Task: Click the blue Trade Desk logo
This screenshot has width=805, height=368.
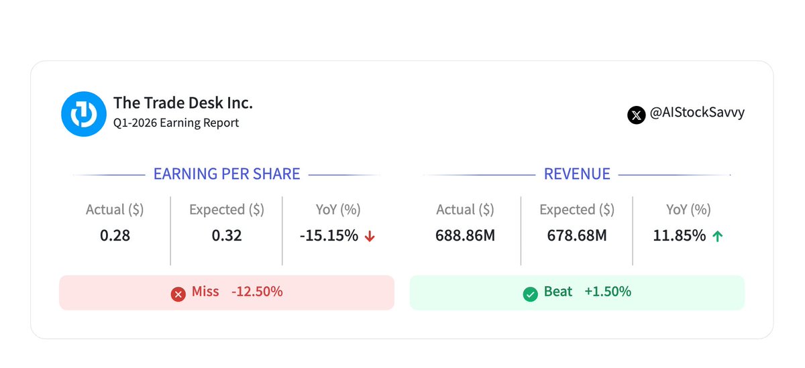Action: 84,114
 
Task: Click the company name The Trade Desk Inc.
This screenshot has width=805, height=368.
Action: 183,103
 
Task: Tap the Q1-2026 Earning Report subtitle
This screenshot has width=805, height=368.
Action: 176,123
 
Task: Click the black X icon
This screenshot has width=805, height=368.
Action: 637,115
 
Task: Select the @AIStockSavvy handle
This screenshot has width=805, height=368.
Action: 697,113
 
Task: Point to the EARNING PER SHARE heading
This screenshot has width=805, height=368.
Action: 227,174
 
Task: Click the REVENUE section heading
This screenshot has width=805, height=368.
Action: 577,174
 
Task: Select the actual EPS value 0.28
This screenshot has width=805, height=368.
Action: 115,235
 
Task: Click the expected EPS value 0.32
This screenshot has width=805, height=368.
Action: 227,235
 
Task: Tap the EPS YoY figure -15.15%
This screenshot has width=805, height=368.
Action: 329,235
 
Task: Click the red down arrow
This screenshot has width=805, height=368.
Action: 370,236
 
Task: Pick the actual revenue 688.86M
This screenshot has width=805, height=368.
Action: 466,235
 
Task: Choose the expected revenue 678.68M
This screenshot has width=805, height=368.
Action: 577,235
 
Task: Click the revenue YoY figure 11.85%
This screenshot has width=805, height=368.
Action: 679,235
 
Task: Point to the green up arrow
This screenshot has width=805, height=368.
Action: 718,236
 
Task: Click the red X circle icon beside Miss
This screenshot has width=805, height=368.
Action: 178,294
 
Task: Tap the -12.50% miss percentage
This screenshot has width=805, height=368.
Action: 257,292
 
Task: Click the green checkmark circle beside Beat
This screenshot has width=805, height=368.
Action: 531,294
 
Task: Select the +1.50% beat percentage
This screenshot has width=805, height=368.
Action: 608,292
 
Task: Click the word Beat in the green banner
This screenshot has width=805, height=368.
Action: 558,292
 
